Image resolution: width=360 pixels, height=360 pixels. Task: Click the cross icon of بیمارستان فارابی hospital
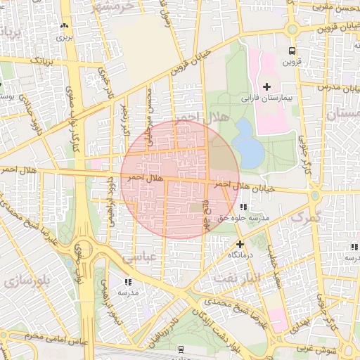(x=266, y=85)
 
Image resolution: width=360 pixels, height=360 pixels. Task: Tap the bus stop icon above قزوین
(x=290, y=51)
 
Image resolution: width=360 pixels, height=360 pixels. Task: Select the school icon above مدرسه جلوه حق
(x=243, y=207)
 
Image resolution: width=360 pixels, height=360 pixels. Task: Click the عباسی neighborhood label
(x=139, y=258)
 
